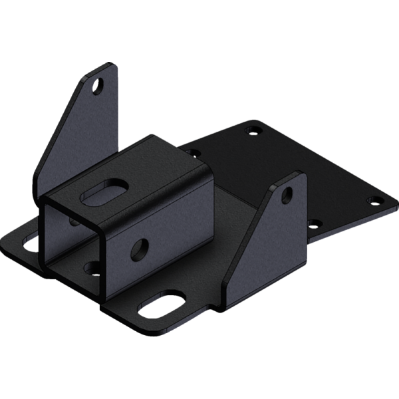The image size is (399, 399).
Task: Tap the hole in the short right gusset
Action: point(287,194)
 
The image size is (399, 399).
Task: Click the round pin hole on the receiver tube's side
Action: point(141,249)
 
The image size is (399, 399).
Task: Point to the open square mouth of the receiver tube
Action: point(70,239)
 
